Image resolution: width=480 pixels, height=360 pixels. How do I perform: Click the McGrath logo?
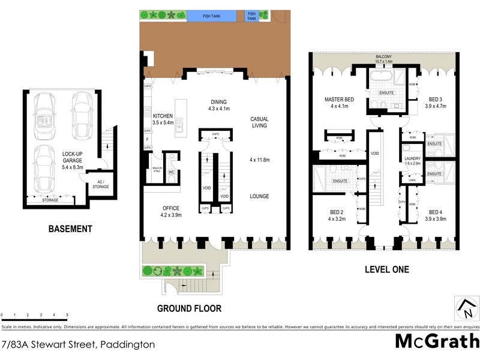click(436, 341)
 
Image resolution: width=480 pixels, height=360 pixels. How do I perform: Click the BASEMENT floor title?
click(71, 229)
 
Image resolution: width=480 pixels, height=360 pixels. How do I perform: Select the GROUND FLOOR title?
click(189, 309)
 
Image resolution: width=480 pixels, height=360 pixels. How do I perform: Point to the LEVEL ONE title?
click(386, 270)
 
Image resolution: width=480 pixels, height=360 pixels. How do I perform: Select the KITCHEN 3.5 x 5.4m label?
click(163, 119)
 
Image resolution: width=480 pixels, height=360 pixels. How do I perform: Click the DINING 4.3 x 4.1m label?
click(218, 105)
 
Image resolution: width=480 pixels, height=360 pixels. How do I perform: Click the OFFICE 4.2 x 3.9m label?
click(171, 212)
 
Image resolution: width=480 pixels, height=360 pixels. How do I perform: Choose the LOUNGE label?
click(259, 196)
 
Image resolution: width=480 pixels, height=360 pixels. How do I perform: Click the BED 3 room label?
click(436, 103)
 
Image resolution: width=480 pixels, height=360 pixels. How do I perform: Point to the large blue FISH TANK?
click(211, 16)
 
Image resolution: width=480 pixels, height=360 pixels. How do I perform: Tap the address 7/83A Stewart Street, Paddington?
click(78, 344)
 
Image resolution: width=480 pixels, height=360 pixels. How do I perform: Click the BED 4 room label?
click(436, 215)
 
